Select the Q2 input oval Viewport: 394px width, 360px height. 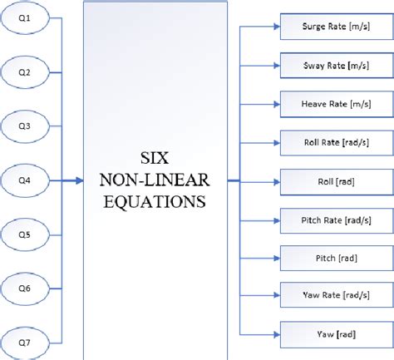26,72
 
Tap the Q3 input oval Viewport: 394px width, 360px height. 26,126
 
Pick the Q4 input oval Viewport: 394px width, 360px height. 26,179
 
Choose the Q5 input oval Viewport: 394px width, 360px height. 26,234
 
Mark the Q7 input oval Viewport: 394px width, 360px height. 26,340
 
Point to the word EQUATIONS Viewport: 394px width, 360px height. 155,200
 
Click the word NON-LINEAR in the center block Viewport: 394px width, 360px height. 155,180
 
